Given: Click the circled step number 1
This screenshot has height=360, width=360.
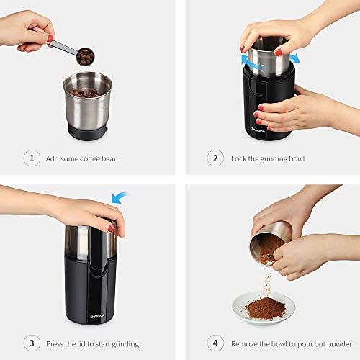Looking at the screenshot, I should coord(32,158).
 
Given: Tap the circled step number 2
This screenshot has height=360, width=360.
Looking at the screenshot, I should coord(214,158).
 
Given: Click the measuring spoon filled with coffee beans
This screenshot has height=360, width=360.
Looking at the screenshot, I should coord(86,55).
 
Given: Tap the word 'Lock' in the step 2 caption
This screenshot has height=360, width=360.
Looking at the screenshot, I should coord(240,158).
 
